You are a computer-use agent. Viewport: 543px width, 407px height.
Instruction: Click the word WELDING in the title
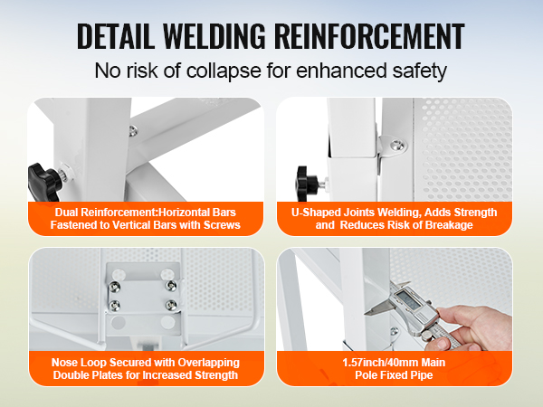(x=214, y=36)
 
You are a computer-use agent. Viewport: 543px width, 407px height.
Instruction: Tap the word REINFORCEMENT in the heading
(x=369, y=36)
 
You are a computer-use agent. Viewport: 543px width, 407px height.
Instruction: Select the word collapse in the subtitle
(x=224, y=71)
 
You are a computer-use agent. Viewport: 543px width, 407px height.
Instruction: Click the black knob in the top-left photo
(x=44, y=182)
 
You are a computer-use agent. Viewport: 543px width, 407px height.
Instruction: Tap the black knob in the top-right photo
(x=307, y=183)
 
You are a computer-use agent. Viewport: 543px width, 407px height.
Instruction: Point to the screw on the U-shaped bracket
(x=397, y=144)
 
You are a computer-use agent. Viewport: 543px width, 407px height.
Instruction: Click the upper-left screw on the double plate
(x=115, y=286)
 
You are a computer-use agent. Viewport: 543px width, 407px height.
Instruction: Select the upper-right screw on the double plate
(x=171, y=286)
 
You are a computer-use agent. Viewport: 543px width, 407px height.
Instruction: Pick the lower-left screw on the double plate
(x=114, y=306)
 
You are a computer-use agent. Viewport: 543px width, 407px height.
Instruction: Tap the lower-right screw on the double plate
(x=171, y=305)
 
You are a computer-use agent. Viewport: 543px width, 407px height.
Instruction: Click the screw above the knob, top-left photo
(x=133, y=130)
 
